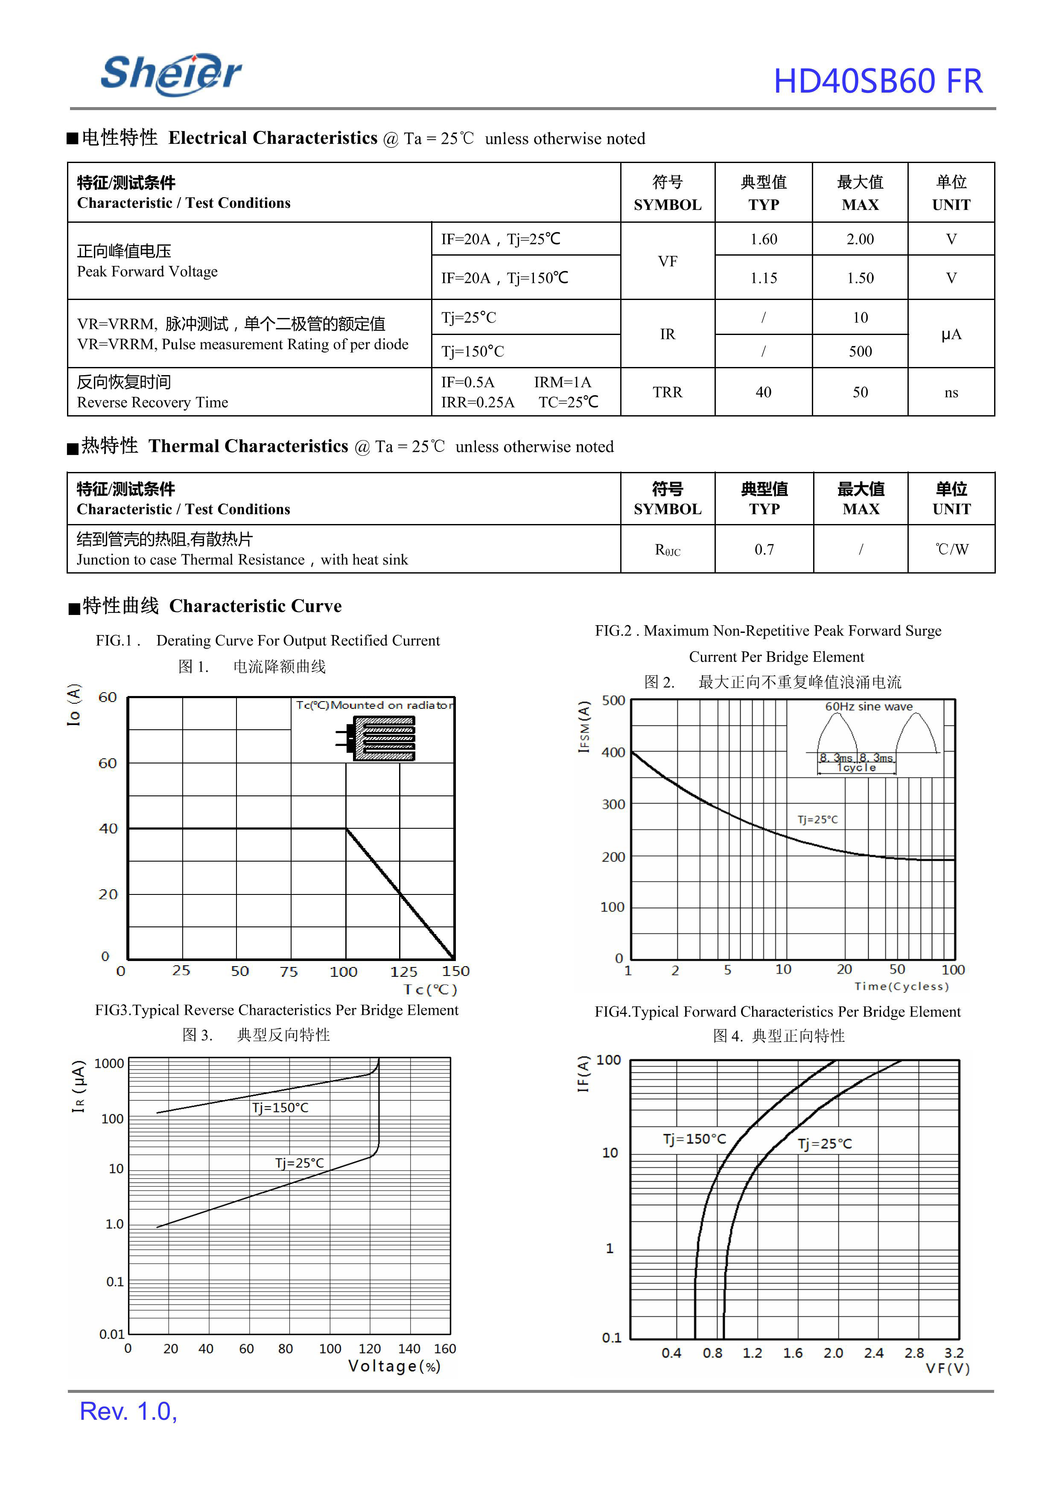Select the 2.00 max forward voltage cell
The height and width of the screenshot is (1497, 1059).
(860, 239)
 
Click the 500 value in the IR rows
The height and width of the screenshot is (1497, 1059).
(860, 352)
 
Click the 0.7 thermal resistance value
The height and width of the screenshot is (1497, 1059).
(764, 550)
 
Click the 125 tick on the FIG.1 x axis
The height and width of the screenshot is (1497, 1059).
(404, 972)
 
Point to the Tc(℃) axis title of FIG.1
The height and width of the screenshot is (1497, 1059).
(430, 990)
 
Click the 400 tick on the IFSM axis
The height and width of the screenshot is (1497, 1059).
(613, 752)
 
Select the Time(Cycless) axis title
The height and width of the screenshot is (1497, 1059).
(901, 987)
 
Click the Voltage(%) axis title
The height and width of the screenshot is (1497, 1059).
(394, 1366)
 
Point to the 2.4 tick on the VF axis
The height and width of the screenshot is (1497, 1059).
(873, 1353)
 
